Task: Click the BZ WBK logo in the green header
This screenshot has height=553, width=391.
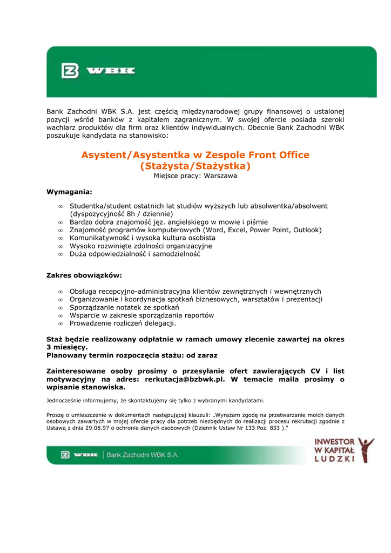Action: pyautogui.click(x=98, y=71)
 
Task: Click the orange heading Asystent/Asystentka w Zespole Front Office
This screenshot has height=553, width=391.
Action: pyautogui.click(x=195, y=155)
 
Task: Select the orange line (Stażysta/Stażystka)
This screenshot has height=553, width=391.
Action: pyautogui.click(x=195, y=166)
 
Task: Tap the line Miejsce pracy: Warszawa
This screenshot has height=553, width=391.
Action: pyautogui.click(x=195, y=176)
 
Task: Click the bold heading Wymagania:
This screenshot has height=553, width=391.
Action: pyautogui.click(x=69, y=192)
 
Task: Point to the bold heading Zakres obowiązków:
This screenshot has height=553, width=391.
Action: pyautogui.click(x=84, y=275)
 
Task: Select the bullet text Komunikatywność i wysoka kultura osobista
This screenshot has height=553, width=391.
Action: pyautogui.click(x=143, y=238)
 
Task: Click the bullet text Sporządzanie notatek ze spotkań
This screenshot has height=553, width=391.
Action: pyautogui.click(x=124, y=307)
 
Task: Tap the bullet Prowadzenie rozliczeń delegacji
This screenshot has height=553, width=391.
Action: pyautogui.click(x=123, y=323)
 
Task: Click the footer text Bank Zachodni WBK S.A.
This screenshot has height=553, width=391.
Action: pyautogui.click(x=143, y=455)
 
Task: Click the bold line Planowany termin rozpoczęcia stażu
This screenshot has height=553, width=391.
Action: pyautogui.click(x=131, y=355)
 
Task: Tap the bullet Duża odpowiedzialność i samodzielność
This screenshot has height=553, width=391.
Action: pyautogui.click(x=135, y=254)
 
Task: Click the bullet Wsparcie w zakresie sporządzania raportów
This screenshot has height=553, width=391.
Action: pyautogui.click(x=141, y=315)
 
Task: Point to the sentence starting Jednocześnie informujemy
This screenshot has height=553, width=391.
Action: pyautogui.click(x=155, y=401)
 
